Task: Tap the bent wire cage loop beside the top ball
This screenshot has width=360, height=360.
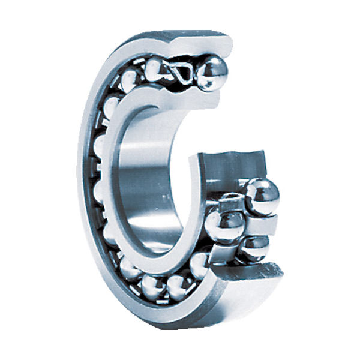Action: pyautogui.click(x=182, y=74)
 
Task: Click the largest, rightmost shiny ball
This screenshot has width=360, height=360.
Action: pyautogui.click(x=262, y=196)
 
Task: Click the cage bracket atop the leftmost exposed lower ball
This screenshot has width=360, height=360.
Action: pyautogui.click(x=230, y=203)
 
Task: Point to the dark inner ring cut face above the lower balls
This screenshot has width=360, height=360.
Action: pyautogui.click(x=225, y=168)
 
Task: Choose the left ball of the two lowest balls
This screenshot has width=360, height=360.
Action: pyautogui.click(x=154, y=287)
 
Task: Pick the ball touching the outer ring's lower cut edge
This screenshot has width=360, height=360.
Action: pyautogui.click(x=200, y=265)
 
